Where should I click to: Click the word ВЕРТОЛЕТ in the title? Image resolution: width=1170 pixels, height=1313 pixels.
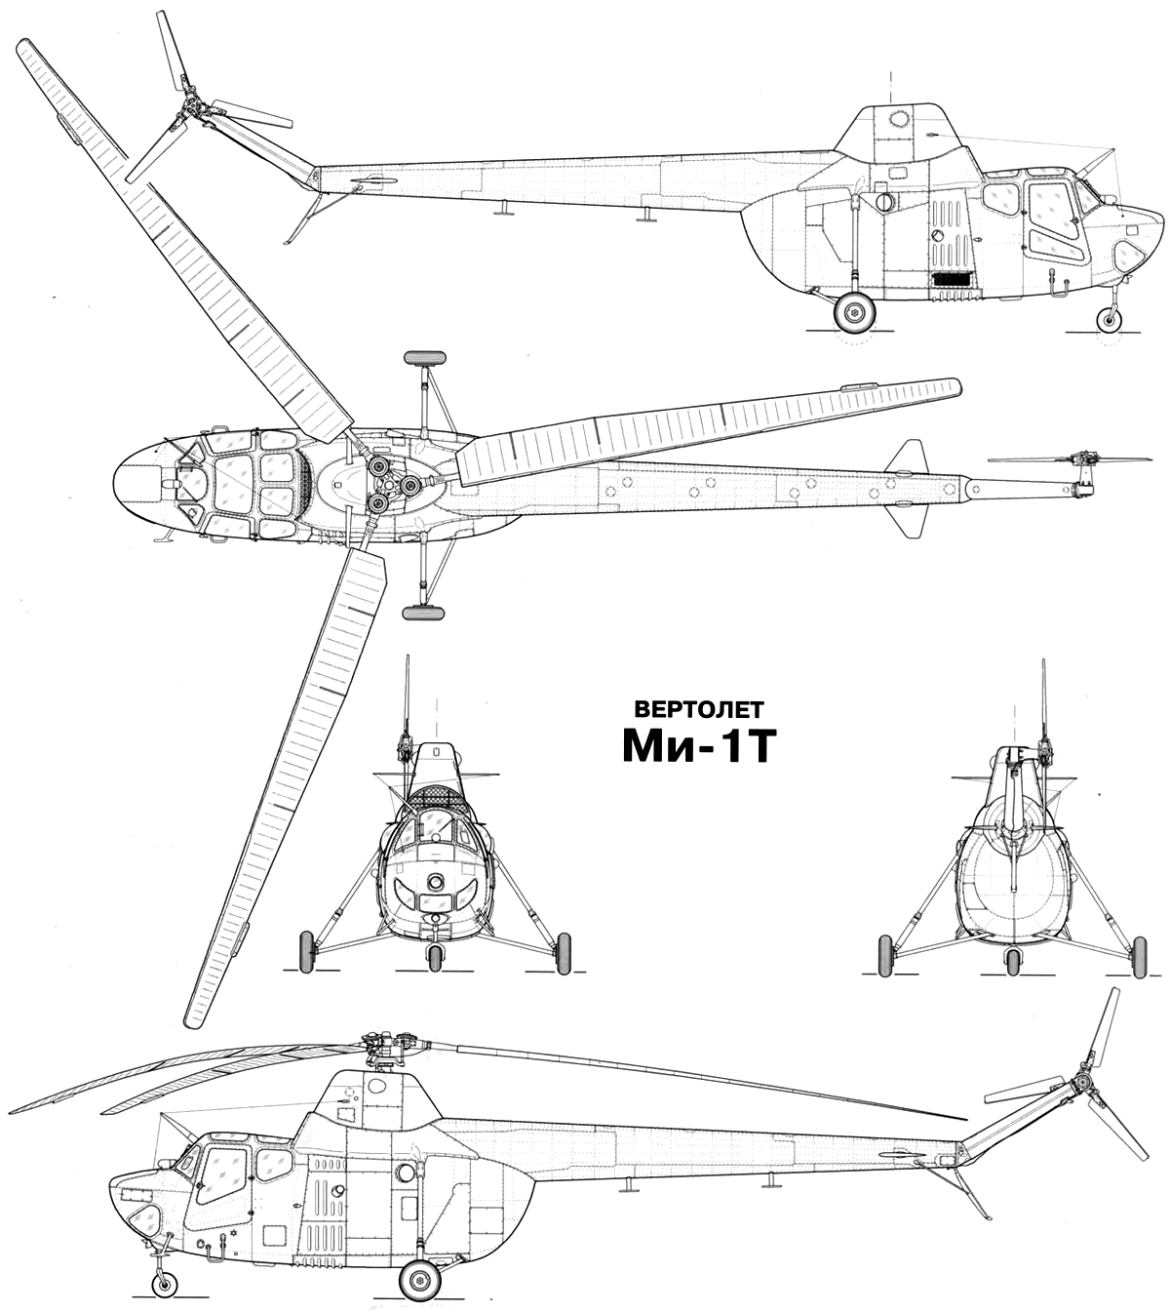(x=699, y=709)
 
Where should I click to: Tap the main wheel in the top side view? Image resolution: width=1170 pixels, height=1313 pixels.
(x=855, y=312)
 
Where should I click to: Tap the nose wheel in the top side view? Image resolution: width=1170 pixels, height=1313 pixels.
(x=1111, y=320)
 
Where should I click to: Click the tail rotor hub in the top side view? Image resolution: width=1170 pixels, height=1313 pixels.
(x=193, y=107)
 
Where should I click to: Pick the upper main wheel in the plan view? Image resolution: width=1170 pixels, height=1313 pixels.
(x=424, y=358)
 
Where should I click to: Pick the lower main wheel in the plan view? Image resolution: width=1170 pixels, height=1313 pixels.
(x=424, y=613)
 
